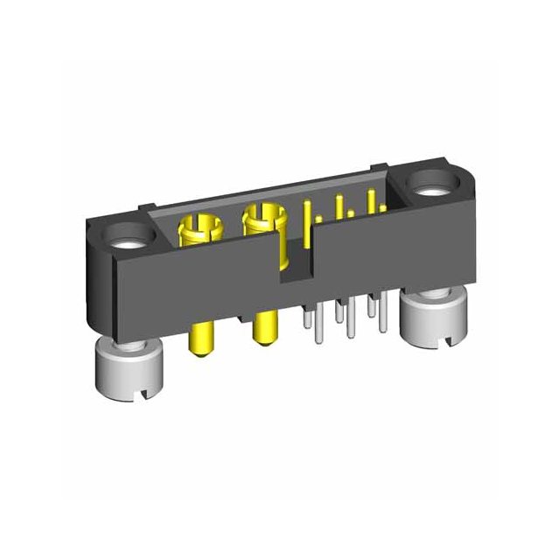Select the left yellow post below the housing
pos(200,341)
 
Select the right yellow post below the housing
pos(262,328)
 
